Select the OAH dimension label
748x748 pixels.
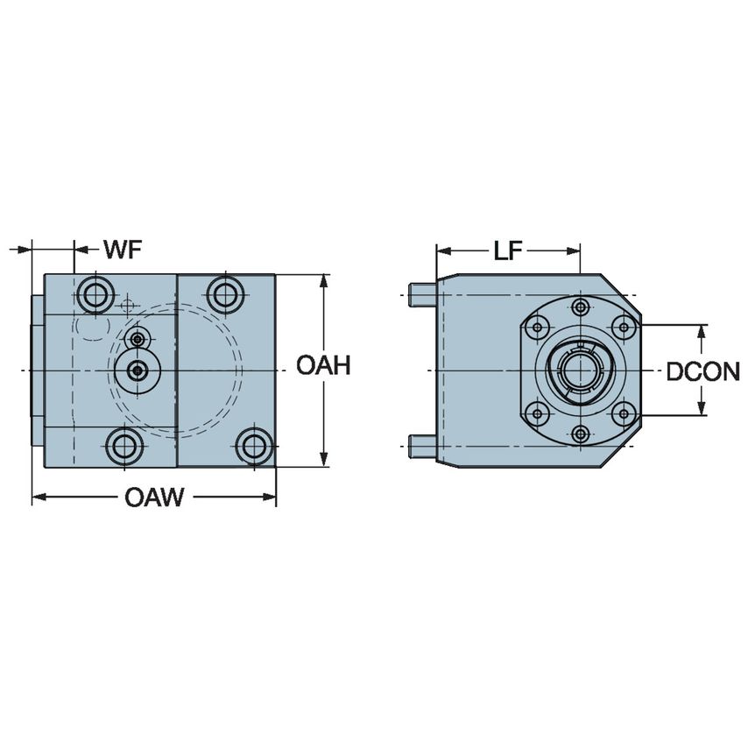(323, 365)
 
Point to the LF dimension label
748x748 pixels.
(507, 251)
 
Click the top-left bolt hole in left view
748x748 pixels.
(95, 294)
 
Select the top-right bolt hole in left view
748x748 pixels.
(226, 294)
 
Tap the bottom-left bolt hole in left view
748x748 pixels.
(123, 447)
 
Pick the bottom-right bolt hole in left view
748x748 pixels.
(254, 447)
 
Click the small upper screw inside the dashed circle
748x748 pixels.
(136, 339)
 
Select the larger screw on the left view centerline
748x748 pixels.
(136, 370)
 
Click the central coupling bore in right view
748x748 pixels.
(578, 370)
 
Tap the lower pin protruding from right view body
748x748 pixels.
(423, 448)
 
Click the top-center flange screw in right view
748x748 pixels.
(580, 307)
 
